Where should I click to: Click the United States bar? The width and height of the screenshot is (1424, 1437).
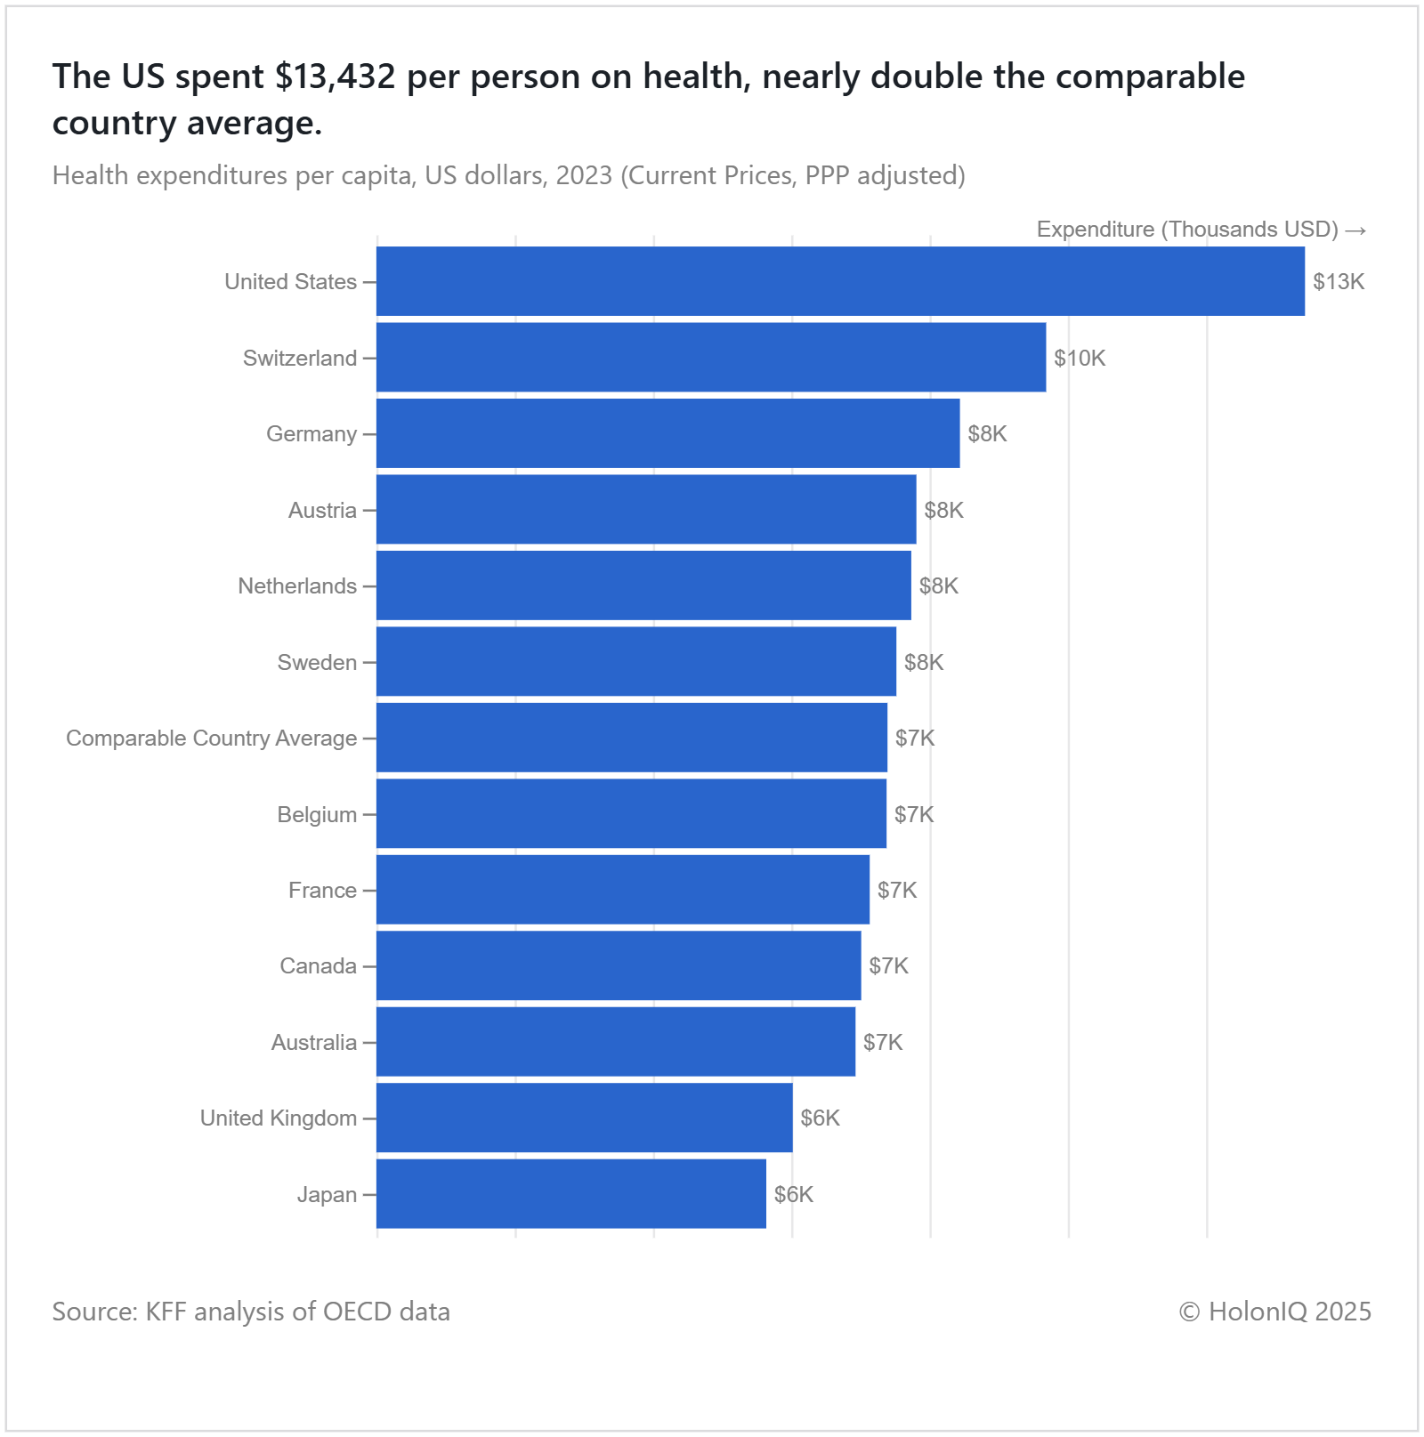click(840, 281)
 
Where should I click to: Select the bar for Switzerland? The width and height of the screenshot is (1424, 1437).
click(711, 358)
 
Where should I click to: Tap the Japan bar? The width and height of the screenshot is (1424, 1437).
click(571, 1194)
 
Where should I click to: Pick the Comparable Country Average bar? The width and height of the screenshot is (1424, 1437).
click(632, 738)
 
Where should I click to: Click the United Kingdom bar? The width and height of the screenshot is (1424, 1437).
click(584, 1118)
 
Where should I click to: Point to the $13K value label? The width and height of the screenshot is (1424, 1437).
click(1339, 282)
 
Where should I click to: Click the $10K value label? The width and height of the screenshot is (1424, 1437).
click(1080, 359)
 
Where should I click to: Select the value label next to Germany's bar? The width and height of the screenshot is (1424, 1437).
click(987, 434)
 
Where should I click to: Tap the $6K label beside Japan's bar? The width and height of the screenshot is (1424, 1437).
click(793, 1195)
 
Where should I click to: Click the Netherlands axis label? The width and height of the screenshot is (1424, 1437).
click(297, 586)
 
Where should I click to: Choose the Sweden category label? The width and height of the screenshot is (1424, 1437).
click(317, 663)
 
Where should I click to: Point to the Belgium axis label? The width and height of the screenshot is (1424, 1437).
click(317, 815)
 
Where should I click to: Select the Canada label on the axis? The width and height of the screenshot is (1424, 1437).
click(318, 966)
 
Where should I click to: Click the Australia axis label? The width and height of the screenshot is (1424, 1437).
click(313, 1043)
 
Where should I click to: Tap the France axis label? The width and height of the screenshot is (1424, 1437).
click(322, 891)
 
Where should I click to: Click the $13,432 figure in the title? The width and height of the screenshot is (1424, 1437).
click(335, 77)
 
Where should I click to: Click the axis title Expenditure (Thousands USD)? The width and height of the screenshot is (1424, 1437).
click(1187, 230)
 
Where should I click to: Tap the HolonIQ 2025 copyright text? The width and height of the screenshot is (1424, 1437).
click(1274, 1312)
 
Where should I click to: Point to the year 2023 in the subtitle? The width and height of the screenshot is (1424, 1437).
click(584, 175)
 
